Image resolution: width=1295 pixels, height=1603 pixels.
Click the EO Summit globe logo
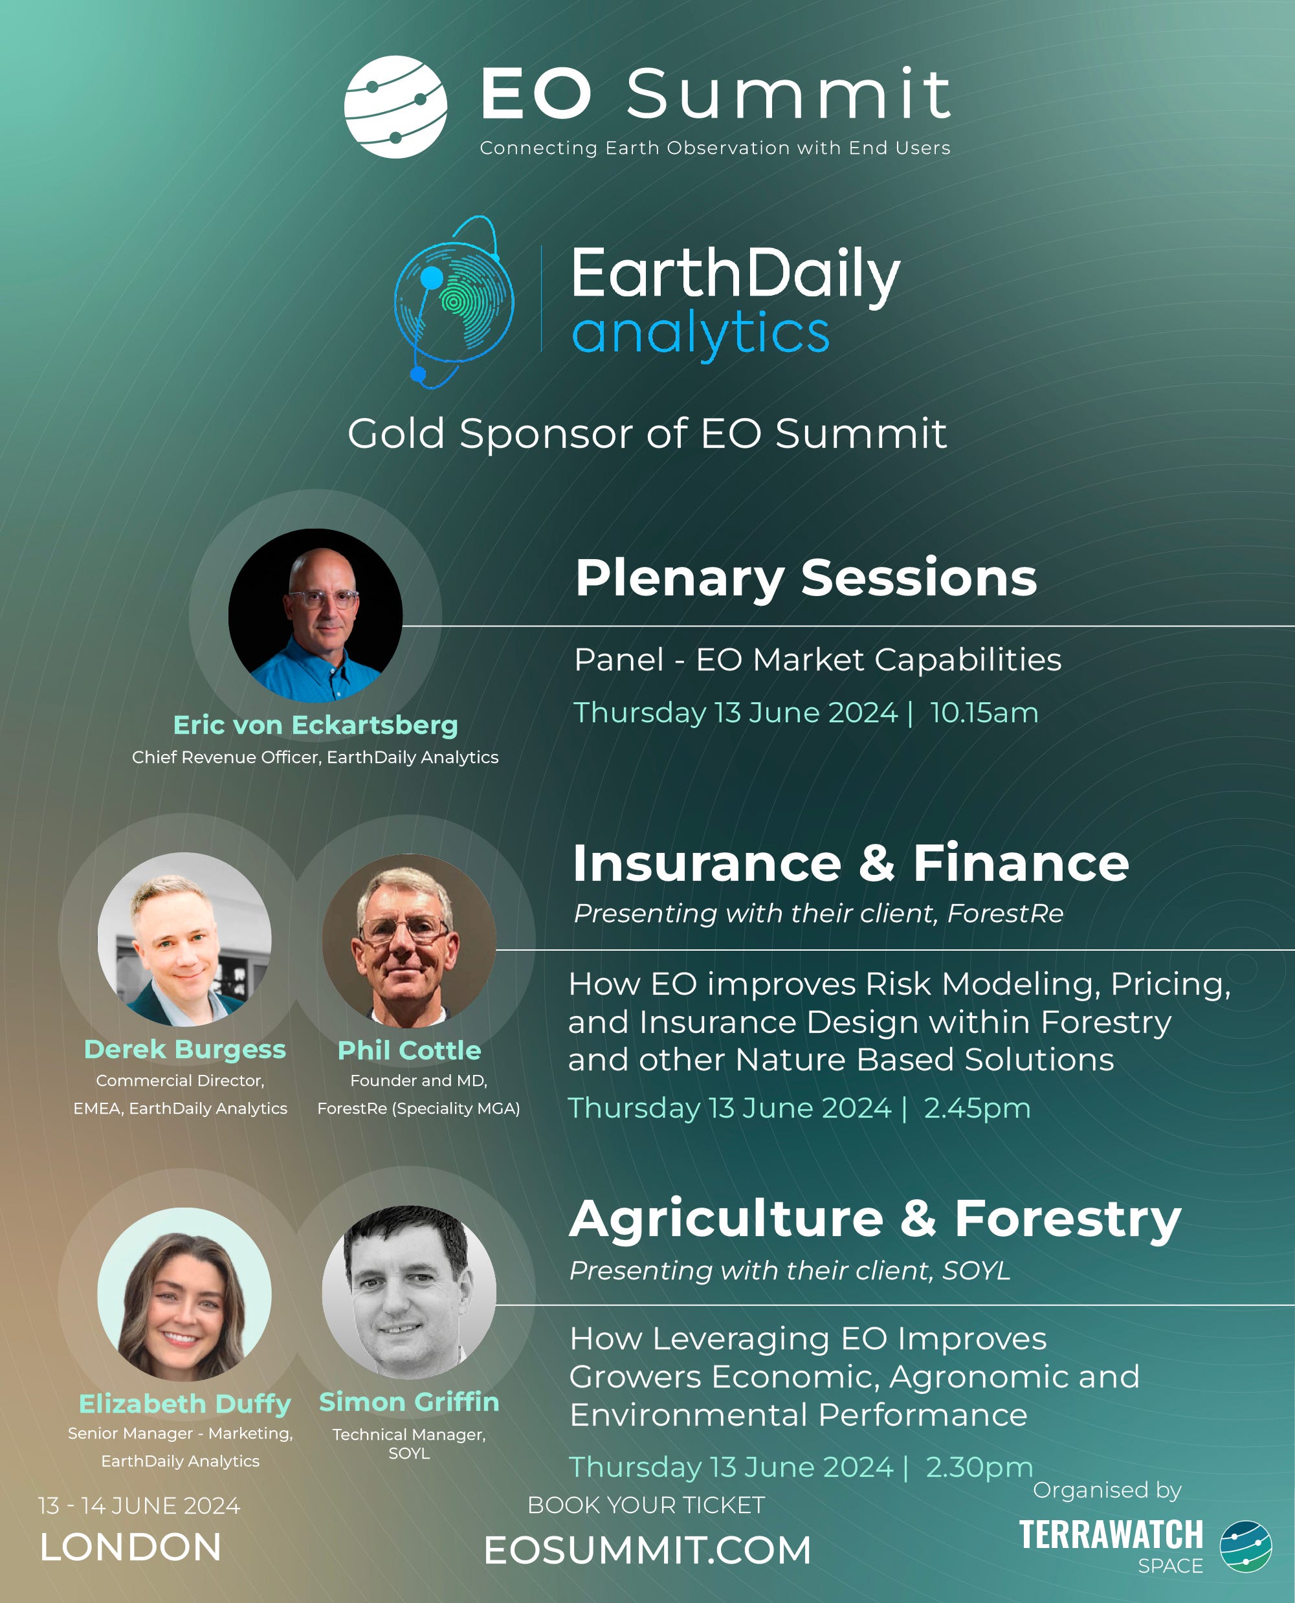point(395,107)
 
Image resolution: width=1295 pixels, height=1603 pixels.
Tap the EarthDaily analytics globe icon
point(454,302)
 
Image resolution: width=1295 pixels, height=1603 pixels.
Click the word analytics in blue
point(700,333)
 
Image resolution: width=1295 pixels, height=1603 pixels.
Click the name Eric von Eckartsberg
point(316,724)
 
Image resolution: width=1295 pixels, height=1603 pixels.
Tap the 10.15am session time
point(984,713)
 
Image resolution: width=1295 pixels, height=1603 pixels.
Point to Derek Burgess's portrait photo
point(184,939)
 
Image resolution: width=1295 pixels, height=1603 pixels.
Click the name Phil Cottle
point(410,1050)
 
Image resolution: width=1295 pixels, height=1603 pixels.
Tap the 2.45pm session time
point(977,1108)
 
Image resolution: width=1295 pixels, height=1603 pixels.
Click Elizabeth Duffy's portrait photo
point(184,1294)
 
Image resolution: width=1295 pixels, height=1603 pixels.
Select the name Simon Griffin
point(410,1402)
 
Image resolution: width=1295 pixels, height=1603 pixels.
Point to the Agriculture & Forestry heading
point(875,1219)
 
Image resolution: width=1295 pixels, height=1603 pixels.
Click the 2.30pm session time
point(979,1466)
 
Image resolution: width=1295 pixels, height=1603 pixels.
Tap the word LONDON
point(131,1548)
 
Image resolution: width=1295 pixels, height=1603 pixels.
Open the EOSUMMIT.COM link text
point(647,1551)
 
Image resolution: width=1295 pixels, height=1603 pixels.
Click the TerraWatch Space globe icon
point(1246,1546)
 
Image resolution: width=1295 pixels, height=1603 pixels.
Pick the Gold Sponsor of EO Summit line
point(647,434)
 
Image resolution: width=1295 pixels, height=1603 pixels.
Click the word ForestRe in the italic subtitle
point(1005,913)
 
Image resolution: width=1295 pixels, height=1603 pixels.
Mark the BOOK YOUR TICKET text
point(646,1505)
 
